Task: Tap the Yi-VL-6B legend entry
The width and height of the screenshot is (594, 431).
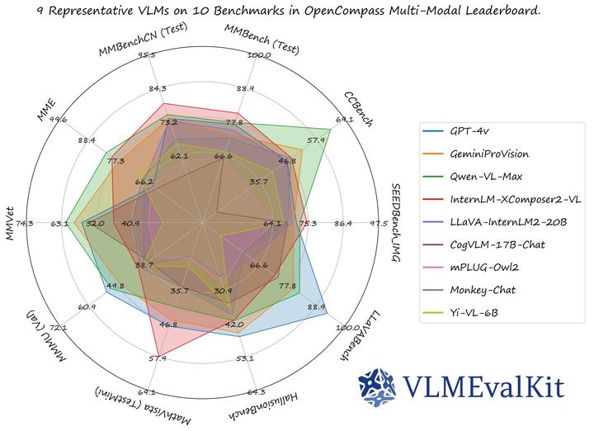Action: pyautogui.click(x=472, y=312)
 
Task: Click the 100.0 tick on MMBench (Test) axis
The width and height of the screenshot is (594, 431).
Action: pyautogui.click(x=259, y=56)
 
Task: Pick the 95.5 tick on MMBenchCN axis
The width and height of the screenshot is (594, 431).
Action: pyautogui.click(x=149, y=56)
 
